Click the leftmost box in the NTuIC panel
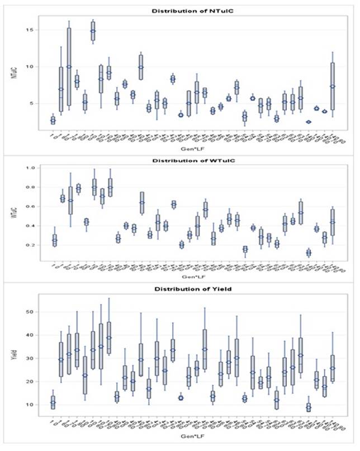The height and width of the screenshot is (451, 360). [53, 120]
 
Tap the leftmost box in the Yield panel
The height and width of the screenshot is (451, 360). [53, 402]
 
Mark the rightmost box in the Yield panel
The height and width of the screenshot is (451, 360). [333, 368]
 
